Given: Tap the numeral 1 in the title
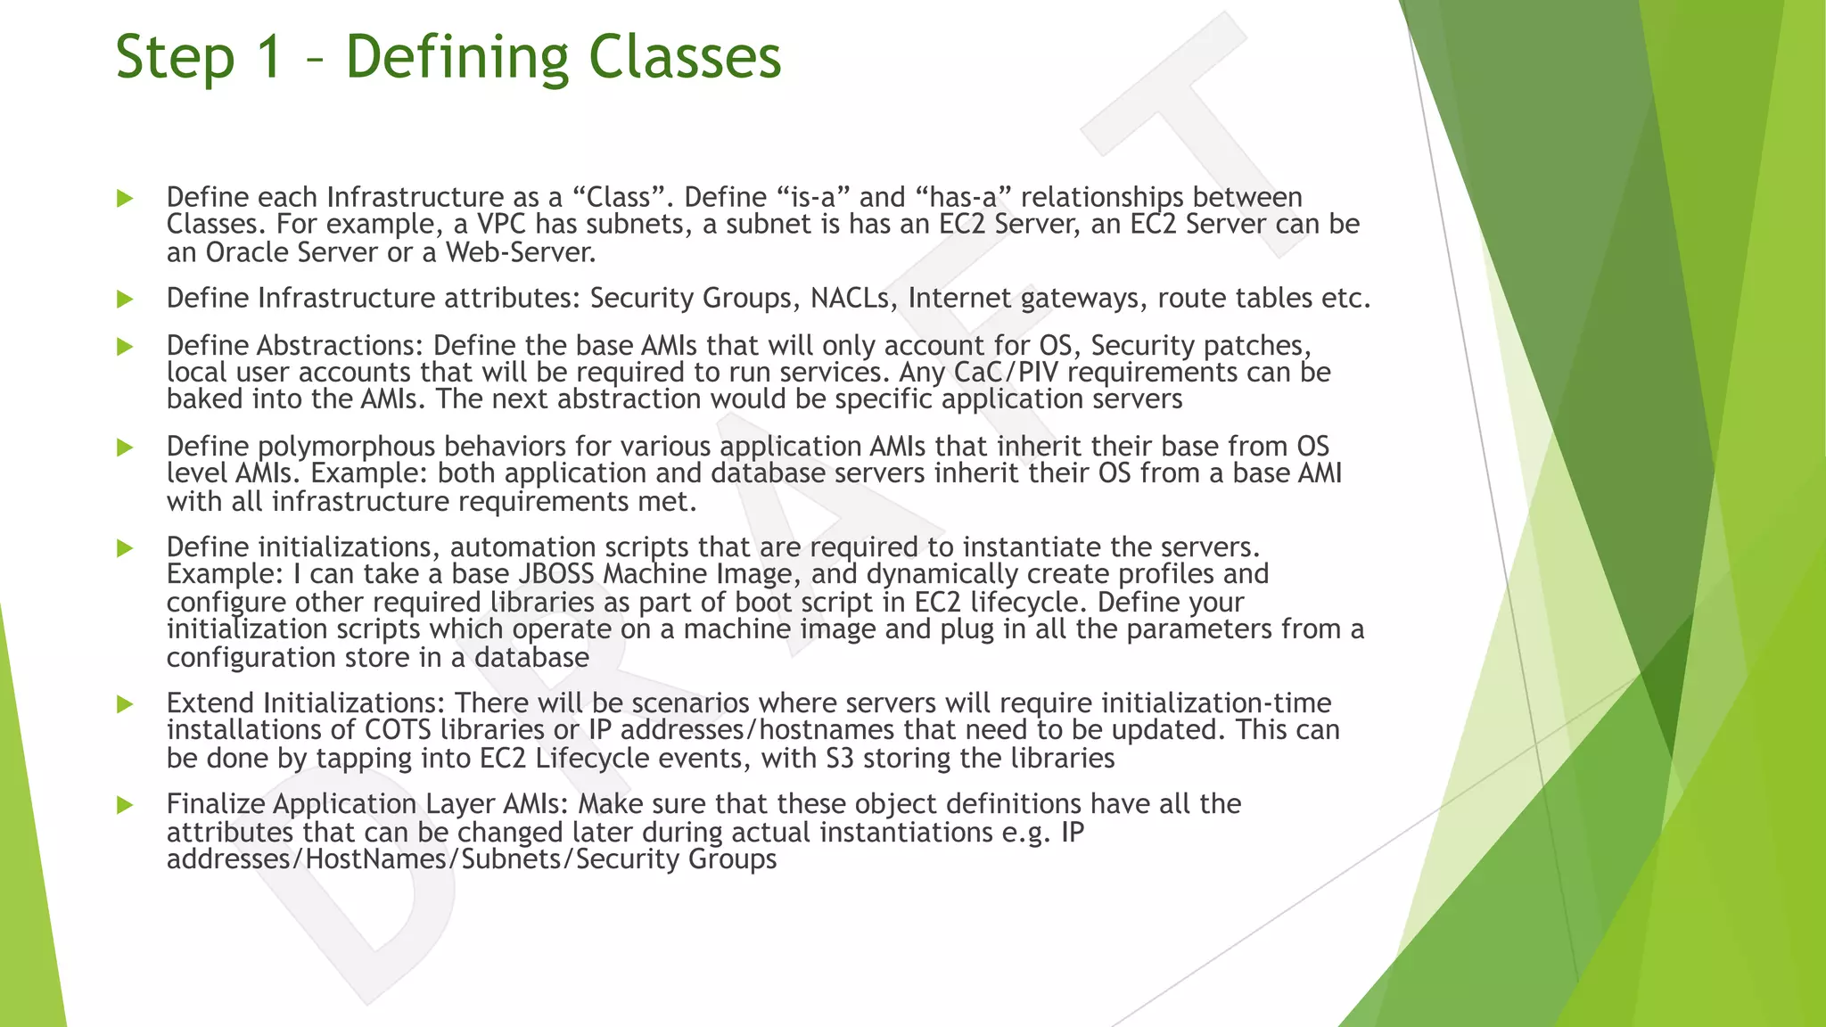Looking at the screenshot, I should pos(268,56).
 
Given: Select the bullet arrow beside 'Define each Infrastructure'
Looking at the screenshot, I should pos(125,198).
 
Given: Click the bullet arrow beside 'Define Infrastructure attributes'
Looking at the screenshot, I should pos(125,299).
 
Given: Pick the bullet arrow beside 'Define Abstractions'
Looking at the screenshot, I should pos(125,347).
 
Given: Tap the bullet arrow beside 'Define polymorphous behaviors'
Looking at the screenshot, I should pos(125,448).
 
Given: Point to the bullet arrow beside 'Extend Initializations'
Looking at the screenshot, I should pos(125,704).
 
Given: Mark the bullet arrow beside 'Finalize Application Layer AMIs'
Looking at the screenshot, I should pos(125,805).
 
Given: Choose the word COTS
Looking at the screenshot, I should pos(399,730).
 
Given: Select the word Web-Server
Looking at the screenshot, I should pos(521,252).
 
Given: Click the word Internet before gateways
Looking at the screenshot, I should pos(959,298).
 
